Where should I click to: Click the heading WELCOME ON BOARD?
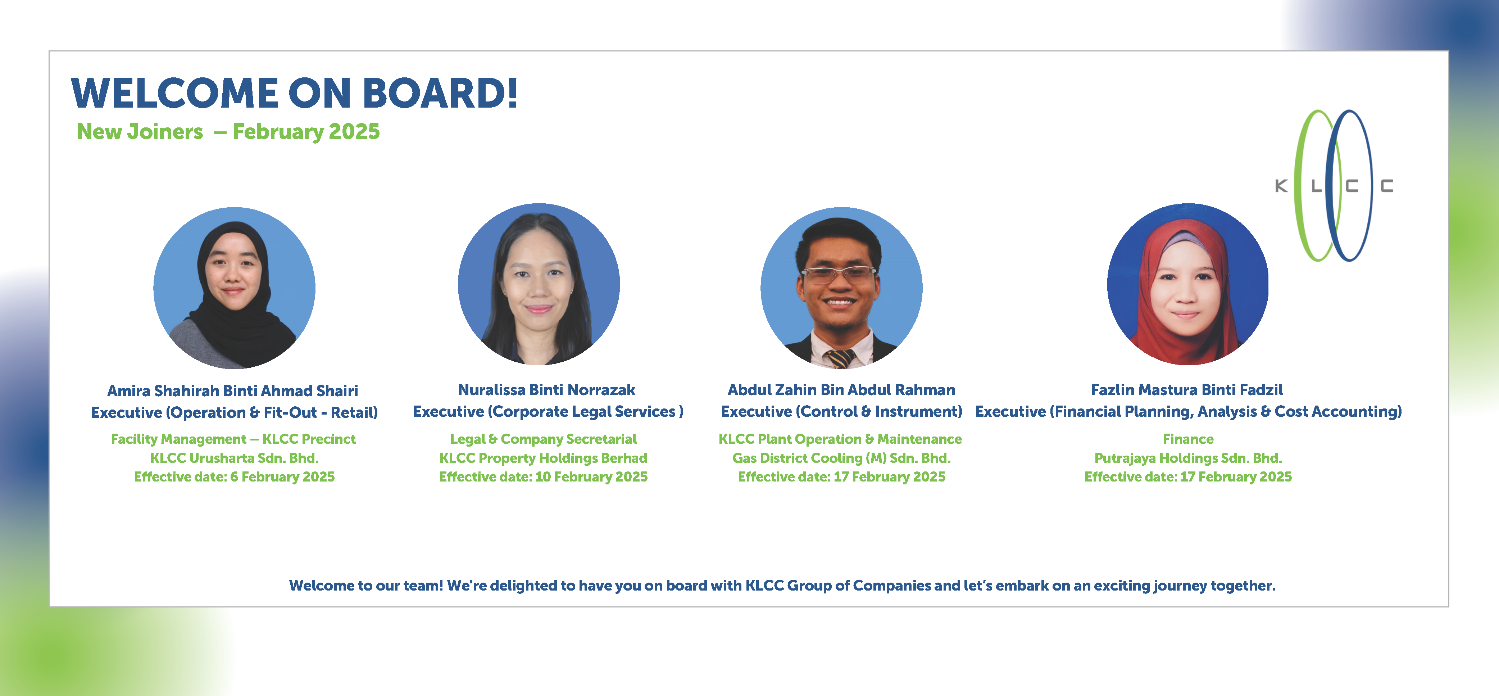click(294, 93)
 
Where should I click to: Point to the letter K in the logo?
click(1281, 186)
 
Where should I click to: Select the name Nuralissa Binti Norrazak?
click(546, 390)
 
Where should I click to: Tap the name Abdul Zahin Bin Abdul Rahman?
click(841, 390)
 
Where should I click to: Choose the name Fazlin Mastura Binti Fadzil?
click(1187, 390)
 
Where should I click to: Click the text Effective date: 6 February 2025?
click(235, 477)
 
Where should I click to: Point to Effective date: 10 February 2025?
click(544, 477)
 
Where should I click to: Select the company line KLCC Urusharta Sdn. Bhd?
click(235, 458)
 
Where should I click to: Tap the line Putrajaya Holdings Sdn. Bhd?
click(1188, 458)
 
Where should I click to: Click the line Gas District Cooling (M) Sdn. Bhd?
click(841, 458)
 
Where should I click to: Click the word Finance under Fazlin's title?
click(1188, 439)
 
